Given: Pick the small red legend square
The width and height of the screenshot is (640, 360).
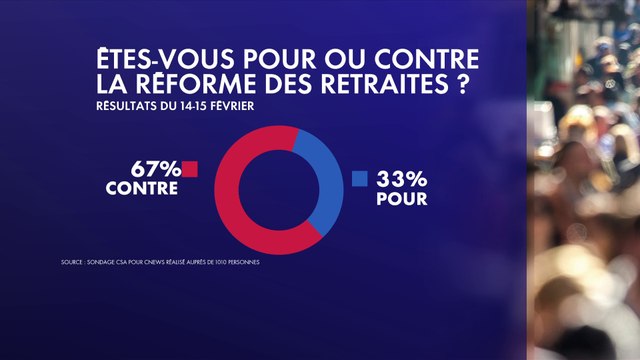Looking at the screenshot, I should [190, 168].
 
